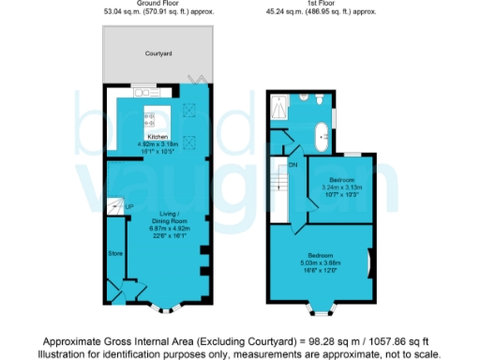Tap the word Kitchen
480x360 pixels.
pyautogui.click(x=158, y=138)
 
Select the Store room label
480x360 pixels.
pyautogui.click(x=115, y=252)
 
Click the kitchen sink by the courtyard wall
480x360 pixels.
pyautogui.click(x=146, y=92)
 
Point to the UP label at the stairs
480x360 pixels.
pyautogui.click(x=128, y=206)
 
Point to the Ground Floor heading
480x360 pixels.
pyautogui.click(x=157, y=4)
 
